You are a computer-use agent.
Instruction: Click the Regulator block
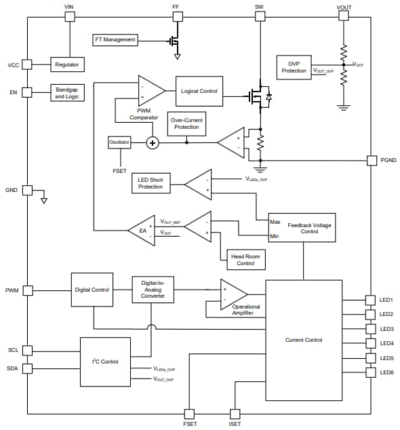tap(67, 64)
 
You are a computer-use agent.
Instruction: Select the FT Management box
tap(115, 39)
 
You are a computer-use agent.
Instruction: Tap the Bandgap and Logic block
tap(67, 93)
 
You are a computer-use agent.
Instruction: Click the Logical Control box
tap(199, 91)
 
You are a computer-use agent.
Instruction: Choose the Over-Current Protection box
tap(186, 123)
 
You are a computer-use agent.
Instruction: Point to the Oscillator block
tap(119, 142)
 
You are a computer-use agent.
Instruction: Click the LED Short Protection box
tap(151, 183)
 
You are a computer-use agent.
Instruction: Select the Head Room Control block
tap(245, 259)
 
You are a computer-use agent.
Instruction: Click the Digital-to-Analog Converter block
tap(153, 290)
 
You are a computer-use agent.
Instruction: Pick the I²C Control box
tap(105, 361)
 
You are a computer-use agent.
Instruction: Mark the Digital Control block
tap(92, 290)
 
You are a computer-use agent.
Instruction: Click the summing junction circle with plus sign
tap(153, 142)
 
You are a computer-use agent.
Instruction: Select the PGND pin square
tap(372, 160)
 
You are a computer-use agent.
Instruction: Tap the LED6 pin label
tap(387, 372)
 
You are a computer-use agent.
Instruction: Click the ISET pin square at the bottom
tap(235, 413)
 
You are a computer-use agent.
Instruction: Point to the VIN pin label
tap(68, 7)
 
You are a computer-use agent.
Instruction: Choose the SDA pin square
tap(27, 368)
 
